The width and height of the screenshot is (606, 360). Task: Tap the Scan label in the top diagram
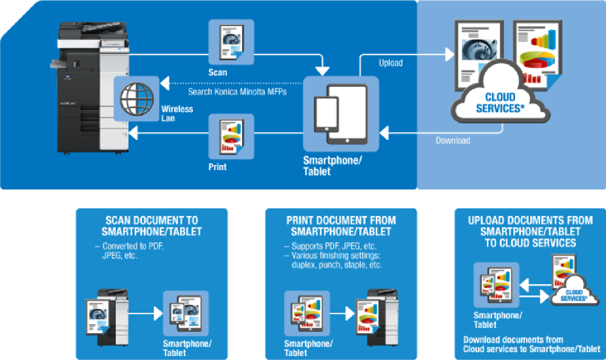coord(218,72)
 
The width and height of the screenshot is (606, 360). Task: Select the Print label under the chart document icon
coord(217,167)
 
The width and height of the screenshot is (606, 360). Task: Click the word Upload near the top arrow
coord(391,63)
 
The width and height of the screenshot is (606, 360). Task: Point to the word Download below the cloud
coord(453,140)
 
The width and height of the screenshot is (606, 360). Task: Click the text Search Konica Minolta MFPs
coord(237,91)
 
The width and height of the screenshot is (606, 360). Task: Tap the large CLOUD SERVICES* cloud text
coord(500,103)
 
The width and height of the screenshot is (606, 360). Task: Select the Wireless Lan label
coord(177,113)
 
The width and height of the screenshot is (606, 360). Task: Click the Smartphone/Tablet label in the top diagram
coord(332,165)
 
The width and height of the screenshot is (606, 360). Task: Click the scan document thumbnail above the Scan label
coord(231,42)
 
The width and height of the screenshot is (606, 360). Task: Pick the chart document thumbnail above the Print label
coord(231,136)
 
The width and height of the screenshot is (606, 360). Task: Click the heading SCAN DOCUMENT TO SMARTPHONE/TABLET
coord(152,226)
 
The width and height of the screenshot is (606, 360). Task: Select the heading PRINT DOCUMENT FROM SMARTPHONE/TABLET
coord(341,226)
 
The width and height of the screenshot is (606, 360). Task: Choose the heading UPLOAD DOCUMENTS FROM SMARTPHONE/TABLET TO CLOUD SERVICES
coord(530,231)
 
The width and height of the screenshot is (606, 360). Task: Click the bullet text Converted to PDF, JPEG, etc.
coord(130,251)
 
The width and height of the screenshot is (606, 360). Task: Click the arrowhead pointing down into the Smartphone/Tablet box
coord(322,72)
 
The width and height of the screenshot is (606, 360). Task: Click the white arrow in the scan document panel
coord(144,313)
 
